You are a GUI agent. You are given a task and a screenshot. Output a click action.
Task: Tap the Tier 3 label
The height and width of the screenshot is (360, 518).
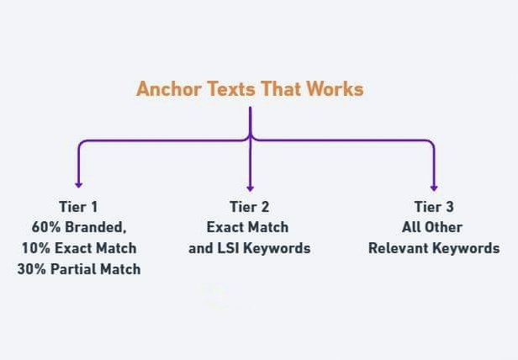(433, 207)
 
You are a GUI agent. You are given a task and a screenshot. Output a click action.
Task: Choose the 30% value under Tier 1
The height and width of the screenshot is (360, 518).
(33, 269)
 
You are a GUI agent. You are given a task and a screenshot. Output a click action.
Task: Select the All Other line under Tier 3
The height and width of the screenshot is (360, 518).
(433, 228)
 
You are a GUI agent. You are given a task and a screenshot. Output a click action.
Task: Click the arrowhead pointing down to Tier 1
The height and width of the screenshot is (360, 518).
(78, 183)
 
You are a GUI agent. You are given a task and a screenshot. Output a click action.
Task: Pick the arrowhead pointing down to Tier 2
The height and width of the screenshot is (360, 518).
(250, 188)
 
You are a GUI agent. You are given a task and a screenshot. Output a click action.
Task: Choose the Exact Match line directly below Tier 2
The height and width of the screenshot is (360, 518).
(248, 228)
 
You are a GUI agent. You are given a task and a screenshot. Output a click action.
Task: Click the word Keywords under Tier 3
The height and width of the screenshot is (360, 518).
(466, 248)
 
